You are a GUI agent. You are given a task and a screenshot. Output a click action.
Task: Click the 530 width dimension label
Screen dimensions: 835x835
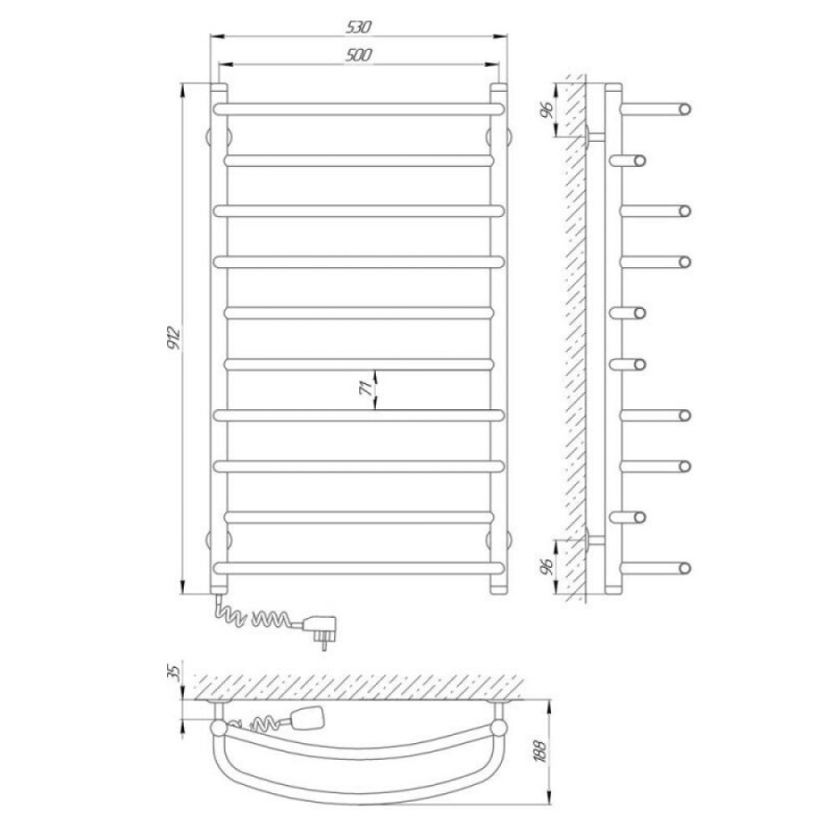[358, 27]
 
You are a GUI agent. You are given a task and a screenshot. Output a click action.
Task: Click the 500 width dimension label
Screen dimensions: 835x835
[358, 55]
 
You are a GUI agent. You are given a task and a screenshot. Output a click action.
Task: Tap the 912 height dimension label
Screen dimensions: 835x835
[174, 337]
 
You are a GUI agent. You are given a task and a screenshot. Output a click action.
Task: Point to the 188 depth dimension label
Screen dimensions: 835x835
[541, 751]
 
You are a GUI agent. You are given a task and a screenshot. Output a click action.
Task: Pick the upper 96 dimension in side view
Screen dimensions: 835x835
[546, 109]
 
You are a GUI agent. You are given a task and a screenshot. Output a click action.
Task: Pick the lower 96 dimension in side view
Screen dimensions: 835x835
[546, 567]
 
